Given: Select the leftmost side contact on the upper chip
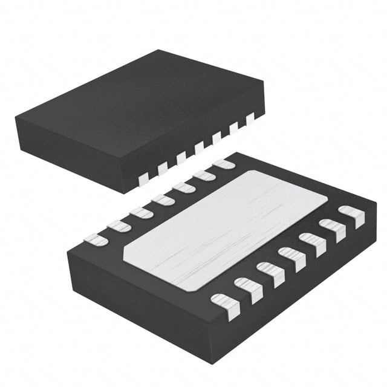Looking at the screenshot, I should tap(143, 178).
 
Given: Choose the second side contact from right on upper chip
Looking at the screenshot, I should tap(233, 129).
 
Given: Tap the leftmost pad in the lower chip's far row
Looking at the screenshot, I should tap(96, 240).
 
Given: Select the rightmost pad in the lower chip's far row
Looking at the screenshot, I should tap(224, 164).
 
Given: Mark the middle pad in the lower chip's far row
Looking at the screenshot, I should tap(162, 199).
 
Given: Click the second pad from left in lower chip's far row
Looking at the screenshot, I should tap(119, 226).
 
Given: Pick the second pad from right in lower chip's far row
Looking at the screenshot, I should tap(204, 175).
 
